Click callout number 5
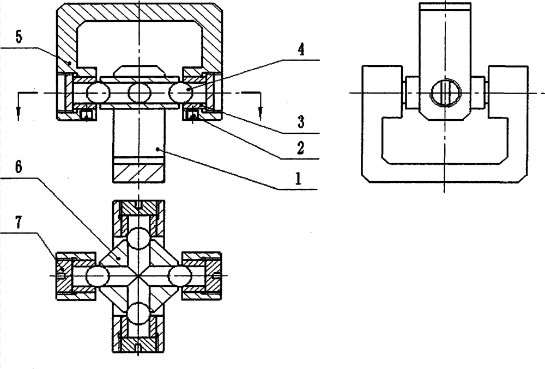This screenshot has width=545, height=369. [x=19, y=37]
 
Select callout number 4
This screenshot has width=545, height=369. [x=301, y=50]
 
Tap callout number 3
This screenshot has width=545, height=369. [x=301, y=122]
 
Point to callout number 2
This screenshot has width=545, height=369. [x=300, y=148]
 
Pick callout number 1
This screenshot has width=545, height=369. [x=298, y=179]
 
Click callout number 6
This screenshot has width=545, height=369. [x=19, y=167]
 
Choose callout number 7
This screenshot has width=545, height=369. [x=19, y=222]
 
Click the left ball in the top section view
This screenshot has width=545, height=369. [x=98, y=93]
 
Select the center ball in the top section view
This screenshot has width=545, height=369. [x=140, y=93]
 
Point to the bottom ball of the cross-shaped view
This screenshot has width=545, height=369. [x=138, y=313]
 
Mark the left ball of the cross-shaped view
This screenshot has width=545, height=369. [x=98, y=276]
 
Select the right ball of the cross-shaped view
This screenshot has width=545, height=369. [x=180, y=276]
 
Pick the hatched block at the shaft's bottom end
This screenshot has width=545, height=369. [x=138, y=173]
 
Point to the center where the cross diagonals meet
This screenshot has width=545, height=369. [x=138, y=276]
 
